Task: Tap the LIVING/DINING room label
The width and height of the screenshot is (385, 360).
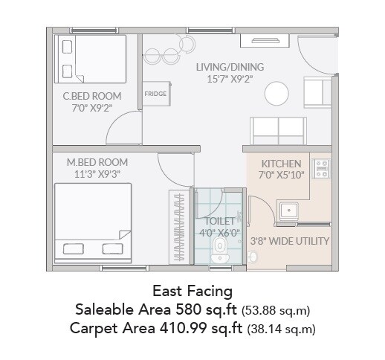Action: coord(230,67)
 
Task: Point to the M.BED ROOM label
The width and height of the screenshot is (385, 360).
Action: coord(97,162)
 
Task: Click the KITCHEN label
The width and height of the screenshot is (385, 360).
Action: coord(281,164)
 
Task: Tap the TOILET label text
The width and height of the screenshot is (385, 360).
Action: coord(220,221)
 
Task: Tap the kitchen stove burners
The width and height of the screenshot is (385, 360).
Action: coord(322,169)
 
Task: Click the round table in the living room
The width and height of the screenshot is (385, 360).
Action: coord(276,93)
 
